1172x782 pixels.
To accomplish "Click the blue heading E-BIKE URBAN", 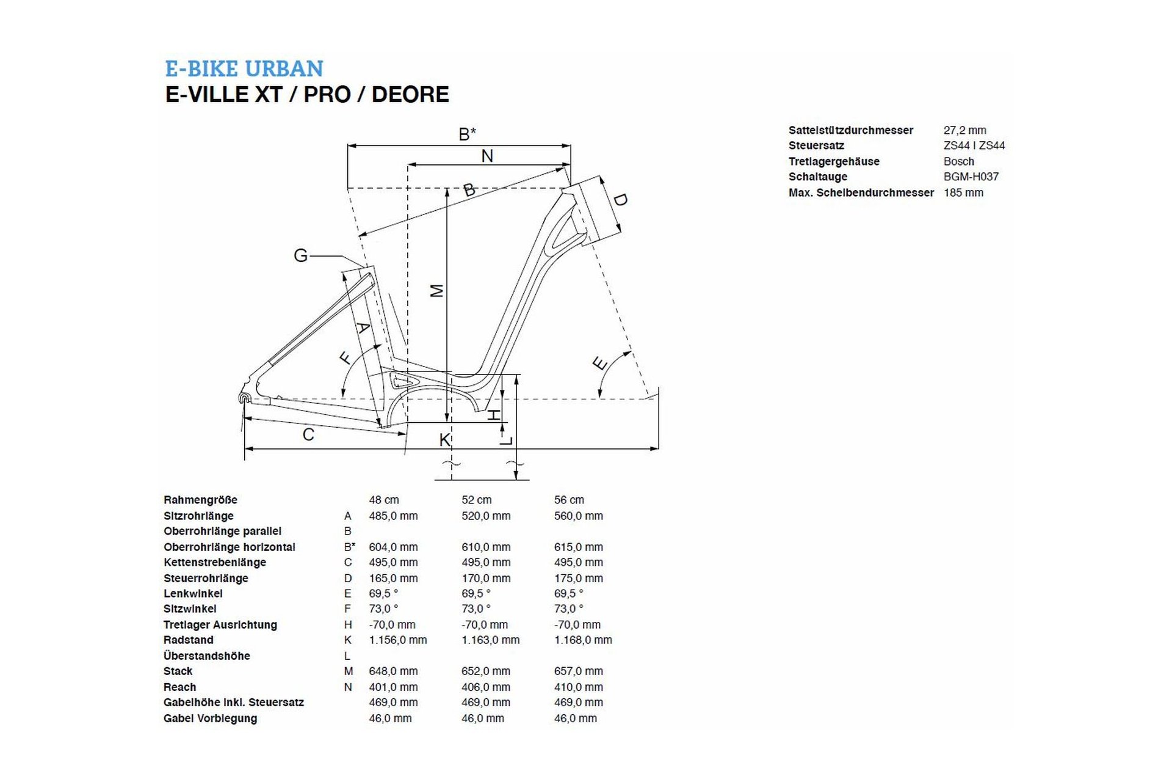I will tap(244, 68).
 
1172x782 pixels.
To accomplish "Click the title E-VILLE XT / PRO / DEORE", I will tap(307, 95).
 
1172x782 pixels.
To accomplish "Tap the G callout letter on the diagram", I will tap(300, 255).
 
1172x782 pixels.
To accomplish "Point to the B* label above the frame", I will tap(467, 134).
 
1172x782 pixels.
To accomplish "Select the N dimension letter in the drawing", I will tap(487, 156).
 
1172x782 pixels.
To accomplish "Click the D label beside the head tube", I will tap(620, 200).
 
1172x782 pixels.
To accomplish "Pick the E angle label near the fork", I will tap(600, 364).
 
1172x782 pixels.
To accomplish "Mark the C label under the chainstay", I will tap(308, 434).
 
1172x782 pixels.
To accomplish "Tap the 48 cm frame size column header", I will tap(383, 500).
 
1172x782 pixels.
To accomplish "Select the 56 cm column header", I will tap(569, 500).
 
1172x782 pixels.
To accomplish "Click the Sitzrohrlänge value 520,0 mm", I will tap(486, 516).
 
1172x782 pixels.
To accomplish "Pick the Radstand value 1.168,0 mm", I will tap(583, 640).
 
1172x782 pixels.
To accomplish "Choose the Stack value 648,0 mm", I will tap(393, 671).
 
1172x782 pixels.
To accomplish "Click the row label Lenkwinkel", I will tap(193, 593).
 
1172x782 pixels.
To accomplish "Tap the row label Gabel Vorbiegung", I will tap(210, 718).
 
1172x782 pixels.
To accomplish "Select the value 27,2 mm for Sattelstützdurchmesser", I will tap(964, 130).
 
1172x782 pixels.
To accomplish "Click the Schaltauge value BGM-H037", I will tap(971, 177).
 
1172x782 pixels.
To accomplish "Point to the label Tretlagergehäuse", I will tap(834, 161).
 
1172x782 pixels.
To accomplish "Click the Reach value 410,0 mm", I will tap(578, 687).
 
